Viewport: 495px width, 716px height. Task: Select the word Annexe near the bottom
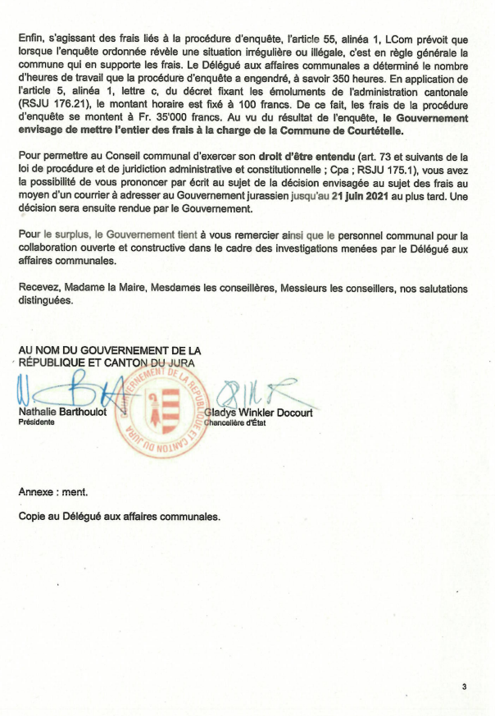37,492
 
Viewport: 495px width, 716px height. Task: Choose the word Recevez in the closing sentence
39,289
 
